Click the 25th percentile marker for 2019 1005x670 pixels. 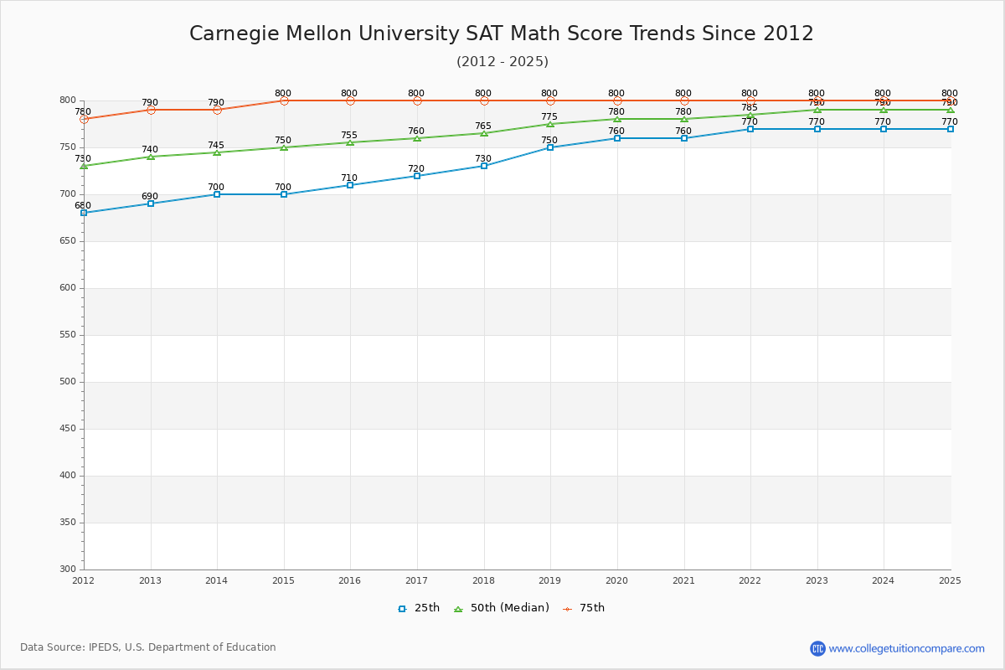(550, 147)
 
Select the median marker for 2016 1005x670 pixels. (350, 142)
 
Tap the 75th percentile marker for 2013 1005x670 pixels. (151, 110)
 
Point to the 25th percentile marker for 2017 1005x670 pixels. (417, 176)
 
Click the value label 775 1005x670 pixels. (549, 117)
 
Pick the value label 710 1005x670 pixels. (349, 178)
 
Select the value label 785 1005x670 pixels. (750, 108)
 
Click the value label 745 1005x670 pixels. (216, 146)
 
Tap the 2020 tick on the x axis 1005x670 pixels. (616, 580)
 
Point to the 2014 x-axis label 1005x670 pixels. (216, 580)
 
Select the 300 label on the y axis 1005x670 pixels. (68, 569)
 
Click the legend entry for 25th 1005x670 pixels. (419, 608)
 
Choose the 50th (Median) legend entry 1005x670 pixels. (502, 608)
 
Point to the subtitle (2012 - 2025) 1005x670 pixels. (502, 62)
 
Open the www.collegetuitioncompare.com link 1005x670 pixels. (906, 648)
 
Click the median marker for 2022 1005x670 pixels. (750, 115)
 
